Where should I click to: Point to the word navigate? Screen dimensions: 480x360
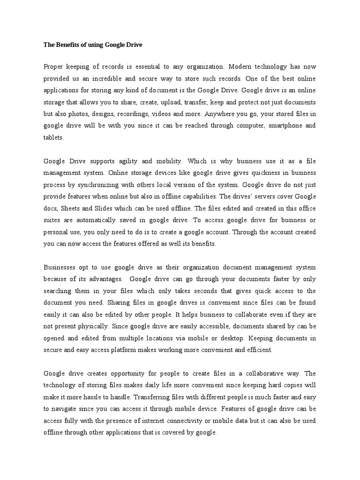(x=68, y=409)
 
